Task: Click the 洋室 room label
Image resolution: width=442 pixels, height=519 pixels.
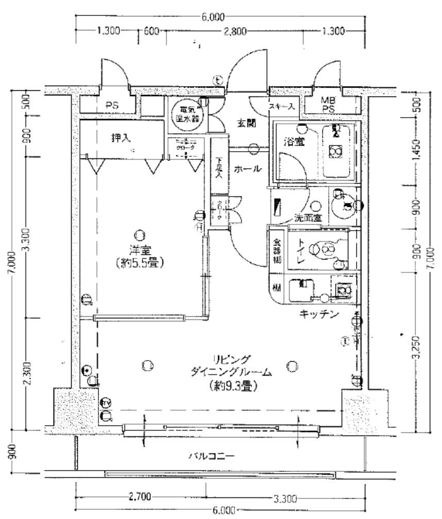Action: point(138,249)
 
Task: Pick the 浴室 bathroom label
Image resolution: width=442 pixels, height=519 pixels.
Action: point(292,141)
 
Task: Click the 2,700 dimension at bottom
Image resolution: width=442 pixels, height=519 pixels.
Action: point(139,497)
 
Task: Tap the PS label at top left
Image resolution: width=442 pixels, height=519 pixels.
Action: point(112,105)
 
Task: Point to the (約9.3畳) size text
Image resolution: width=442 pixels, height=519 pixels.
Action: point(234,385)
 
